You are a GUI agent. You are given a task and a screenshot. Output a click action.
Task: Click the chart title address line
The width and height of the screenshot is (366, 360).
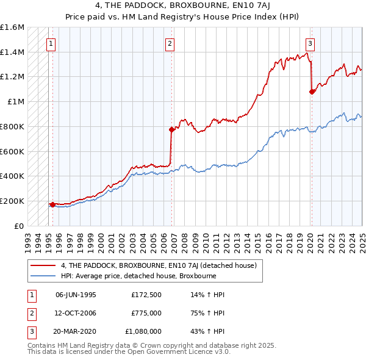click(x=183, y=5)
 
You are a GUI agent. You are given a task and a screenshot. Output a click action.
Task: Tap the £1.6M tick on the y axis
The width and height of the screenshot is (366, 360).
click(x=12, y=27)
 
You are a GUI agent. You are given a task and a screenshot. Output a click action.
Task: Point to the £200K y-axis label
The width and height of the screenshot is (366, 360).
click(x=12, y=201)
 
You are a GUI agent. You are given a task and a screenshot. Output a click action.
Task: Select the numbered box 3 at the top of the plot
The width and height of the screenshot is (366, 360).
click(x=310, y=43)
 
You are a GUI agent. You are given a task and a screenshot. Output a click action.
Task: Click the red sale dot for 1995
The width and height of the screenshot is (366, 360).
click(x=53, y=204)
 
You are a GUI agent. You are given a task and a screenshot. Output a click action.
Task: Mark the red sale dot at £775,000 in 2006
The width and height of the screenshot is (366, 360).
click(x=171, y=129)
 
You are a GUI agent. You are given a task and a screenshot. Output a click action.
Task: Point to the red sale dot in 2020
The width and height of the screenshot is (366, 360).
click(x=312, y=92)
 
